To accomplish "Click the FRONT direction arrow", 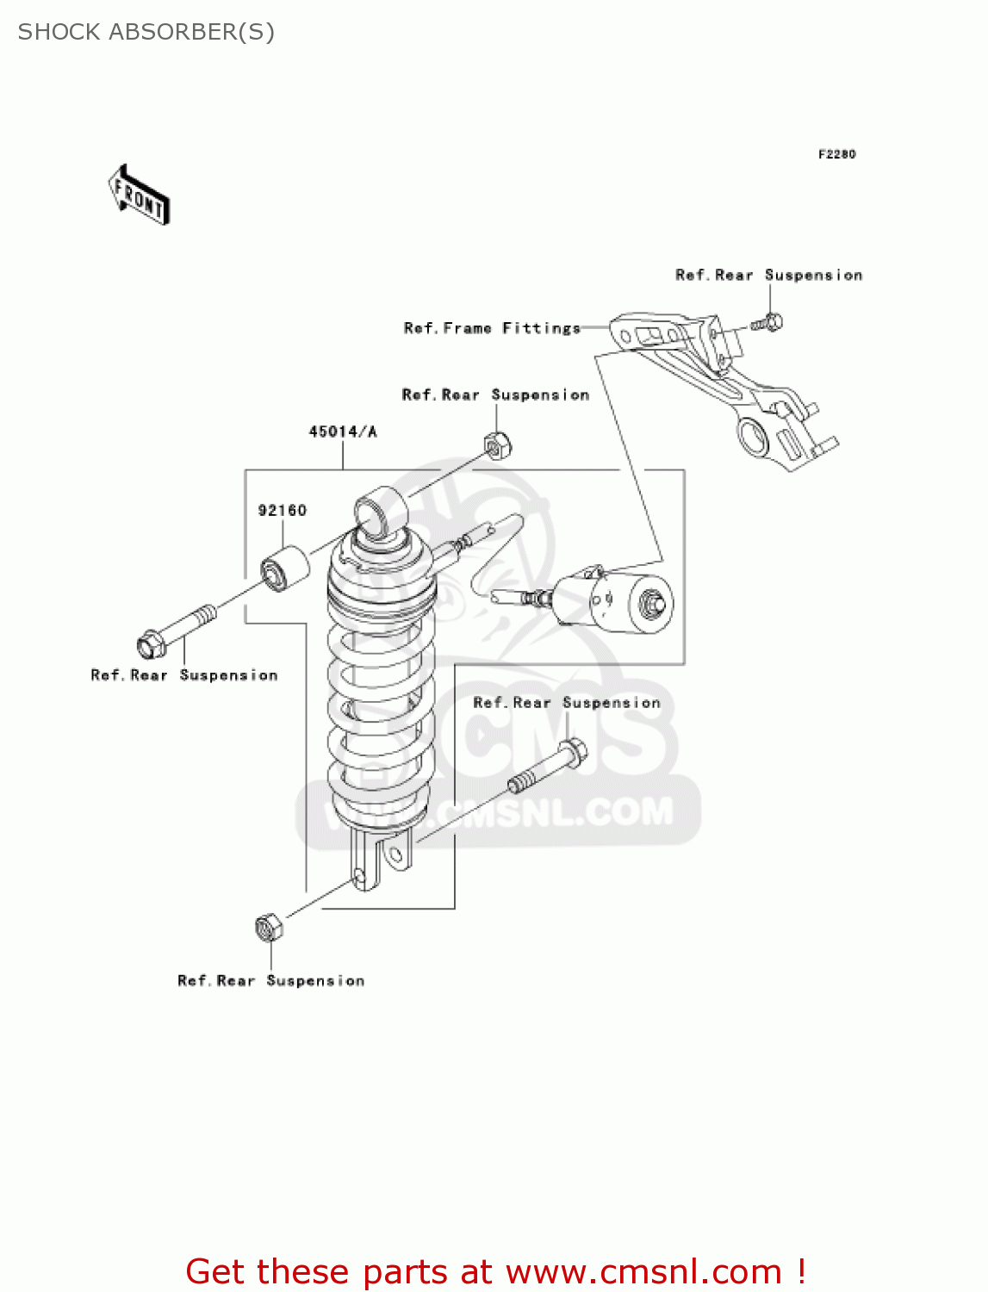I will (x=139, y=196).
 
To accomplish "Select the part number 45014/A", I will (x=343, y=432).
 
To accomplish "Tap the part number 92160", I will (x=283, y=511).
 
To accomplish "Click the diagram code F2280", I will (x=836, y=154).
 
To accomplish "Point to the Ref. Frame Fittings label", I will (x=492, y=328).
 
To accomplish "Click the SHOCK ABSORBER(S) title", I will (x=146, y=32).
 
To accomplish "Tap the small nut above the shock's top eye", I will (x=496, y=445).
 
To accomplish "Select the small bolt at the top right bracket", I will (x=767, y=324).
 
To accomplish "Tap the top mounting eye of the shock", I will (x=379, y=514).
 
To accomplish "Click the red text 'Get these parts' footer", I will (x=495, y=1271).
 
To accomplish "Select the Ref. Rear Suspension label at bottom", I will (x=270, y=981).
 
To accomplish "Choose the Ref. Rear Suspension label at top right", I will (x=768, y=276).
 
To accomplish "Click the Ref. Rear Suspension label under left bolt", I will (x=184, y=676).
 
